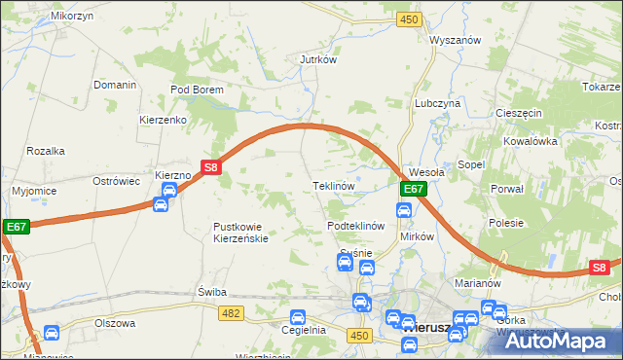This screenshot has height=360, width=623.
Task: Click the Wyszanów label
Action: click(456, 40)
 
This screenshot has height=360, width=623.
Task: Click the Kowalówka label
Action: click(529, 140)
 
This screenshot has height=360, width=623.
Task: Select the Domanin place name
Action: click(115, 85)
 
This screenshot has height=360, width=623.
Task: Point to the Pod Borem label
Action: click(197, 90)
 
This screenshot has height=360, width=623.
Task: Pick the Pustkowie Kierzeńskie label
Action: click(240, 233)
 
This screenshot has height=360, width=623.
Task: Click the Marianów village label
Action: click(477, 283)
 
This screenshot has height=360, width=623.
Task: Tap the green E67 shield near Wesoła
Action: click(413, 189)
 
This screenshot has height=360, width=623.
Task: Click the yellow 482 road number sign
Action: click(231, 312)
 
